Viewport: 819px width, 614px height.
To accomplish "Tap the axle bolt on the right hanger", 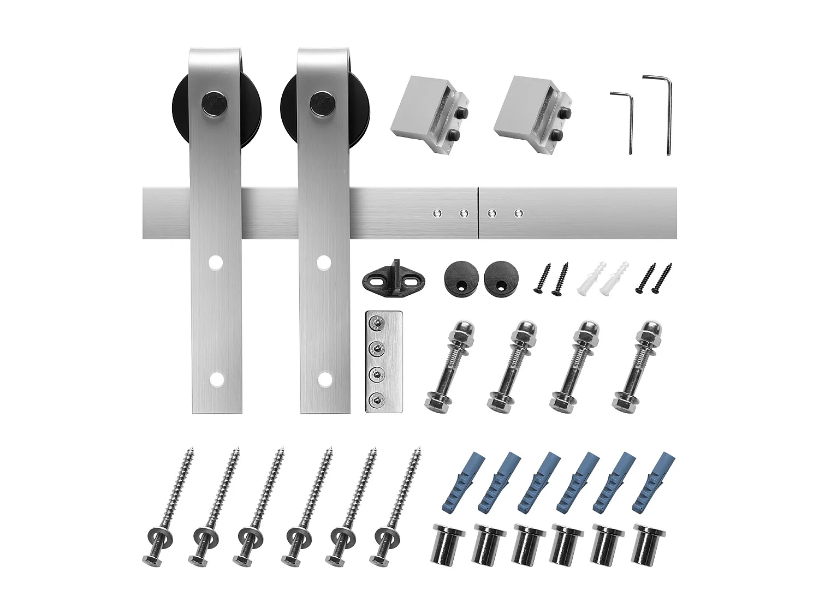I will (x=322, y=103).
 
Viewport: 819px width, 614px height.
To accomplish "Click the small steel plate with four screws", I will (x=384, y=361).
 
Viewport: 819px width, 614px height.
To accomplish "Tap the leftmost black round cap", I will (x=460, y=278).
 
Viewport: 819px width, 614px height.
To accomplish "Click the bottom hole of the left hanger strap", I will (x=217, y=378).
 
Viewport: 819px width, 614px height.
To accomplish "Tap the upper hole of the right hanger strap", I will (x=324, y=263).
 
